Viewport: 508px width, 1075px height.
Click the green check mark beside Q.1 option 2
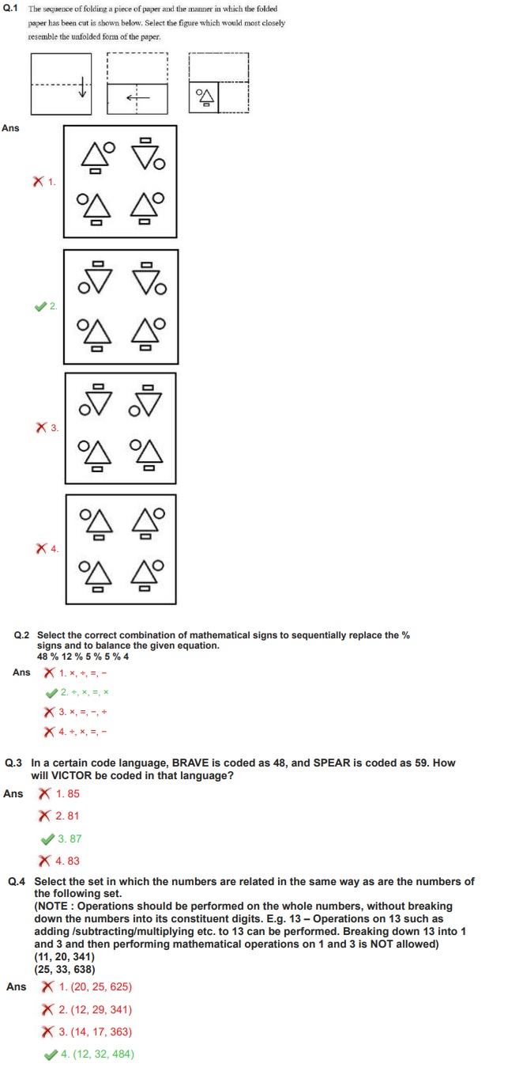[x=40, y=306]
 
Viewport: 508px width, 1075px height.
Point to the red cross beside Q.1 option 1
[x=38, y=182]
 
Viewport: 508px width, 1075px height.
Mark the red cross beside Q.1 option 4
[x=41, y=548]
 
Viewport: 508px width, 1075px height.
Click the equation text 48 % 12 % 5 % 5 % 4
[x=83, y=657]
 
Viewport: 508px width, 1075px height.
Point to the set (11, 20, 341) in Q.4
[x=64, y=956]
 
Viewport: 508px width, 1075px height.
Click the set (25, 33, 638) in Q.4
[x=64, y=967]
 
